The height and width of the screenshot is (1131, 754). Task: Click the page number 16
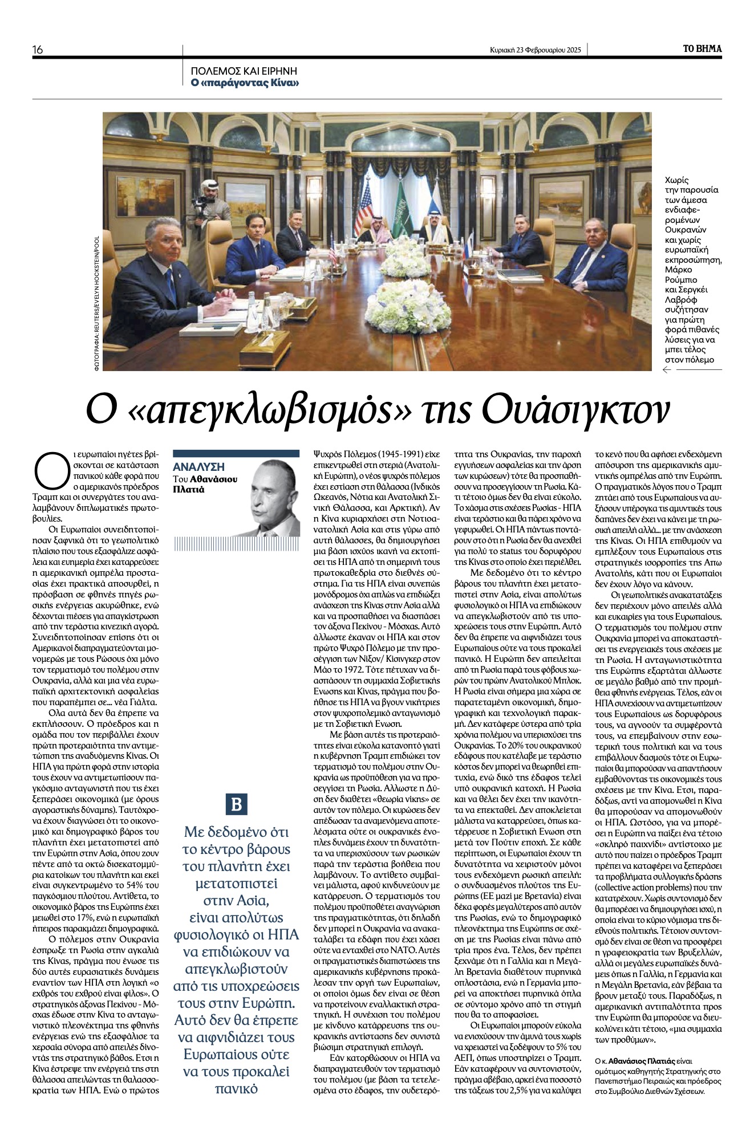point(38,50)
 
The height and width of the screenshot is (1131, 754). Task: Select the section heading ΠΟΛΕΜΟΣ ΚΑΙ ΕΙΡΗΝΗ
point(244,72)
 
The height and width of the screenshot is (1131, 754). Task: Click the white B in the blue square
point(236,804)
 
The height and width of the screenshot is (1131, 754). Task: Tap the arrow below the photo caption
point(666,371)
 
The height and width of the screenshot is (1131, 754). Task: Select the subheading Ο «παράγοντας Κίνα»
point(245,83)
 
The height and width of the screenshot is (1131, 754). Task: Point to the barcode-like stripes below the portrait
point(236,544)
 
